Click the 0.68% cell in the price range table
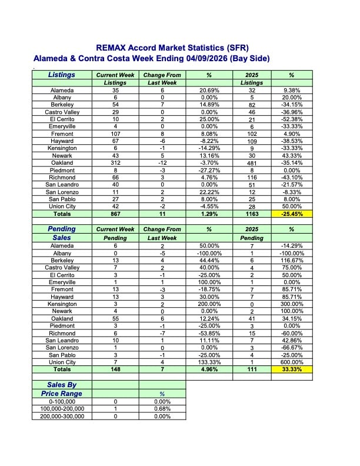[162, 409]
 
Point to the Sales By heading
[62, 384]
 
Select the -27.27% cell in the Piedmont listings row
[209, 170]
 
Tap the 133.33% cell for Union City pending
[209, 362]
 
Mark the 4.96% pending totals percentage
[209, 370]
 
